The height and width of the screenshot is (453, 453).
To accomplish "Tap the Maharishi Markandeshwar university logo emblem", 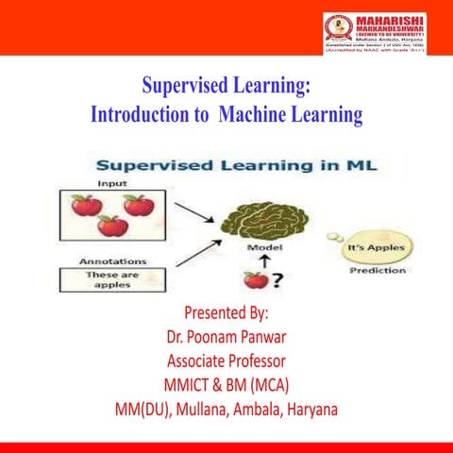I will point(337,29).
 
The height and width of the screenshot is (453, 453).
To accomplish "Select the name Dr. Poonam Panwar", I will point(226,339).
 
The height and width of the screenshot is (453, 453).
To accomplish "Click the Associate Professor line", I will point(226,361).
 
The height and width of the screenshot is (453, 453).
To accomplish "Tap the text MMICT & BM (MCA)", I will point(226,385).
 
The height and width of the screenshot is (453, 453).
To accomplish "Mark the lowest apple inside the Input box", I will point(110,226).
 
